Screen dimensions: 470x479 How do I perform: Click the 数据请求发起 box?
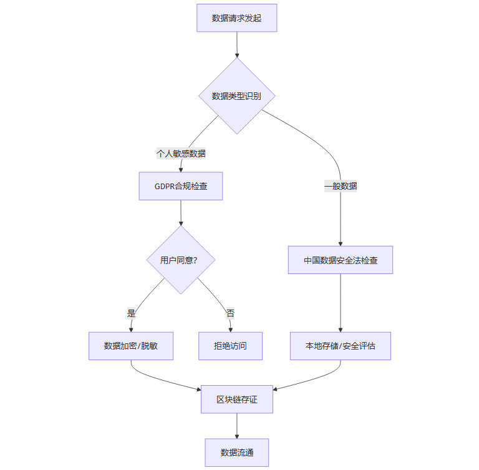coord(236,18)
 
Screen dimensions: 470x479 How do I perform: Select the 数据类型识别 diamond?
coord(236,96)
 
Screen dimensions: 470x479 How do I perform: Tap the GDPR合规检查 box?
coord(180,186)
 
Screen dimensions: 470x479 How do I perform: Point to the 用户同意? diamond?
coord(180,260)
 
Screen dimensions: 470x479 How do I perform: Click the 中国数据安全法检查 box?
coord(341,260)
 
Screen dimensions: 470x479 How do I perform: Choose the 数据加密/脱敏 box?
coord(131,346)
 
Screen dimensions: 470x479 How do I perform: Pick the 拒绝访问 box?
coord(230,346)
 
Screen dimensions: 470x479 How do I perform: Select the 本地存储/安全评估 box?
coord(341,346)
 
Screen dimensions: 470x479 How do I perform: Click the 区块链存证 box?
coord(236,399)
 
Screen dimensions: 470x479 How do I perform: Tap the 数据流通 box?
coord(236,453)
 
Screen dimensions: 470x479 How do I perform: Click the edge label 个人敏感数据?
coord(181,154)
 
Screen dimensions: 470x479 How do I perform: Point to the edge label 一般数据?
coord(341,186)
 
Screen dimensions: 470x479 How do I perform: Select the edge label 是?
coord(131,313)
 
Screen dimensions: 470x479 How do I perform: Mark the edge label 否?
coord(230,313)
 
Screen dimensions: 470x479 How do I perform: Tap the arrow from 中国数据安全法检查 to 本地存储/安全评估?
coord(341,303)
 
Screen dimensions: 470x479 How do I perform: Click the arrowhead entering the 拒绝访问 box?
coord(230,329)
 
